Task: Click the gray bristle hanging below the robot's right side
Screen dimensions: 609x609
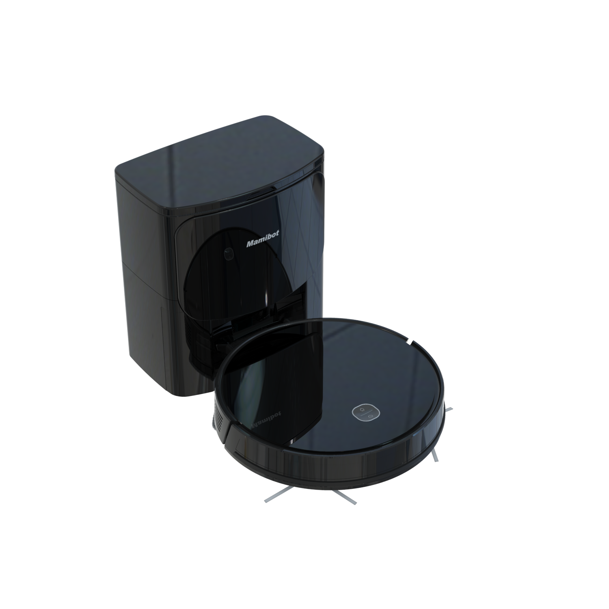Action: (x=434, y=455)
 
